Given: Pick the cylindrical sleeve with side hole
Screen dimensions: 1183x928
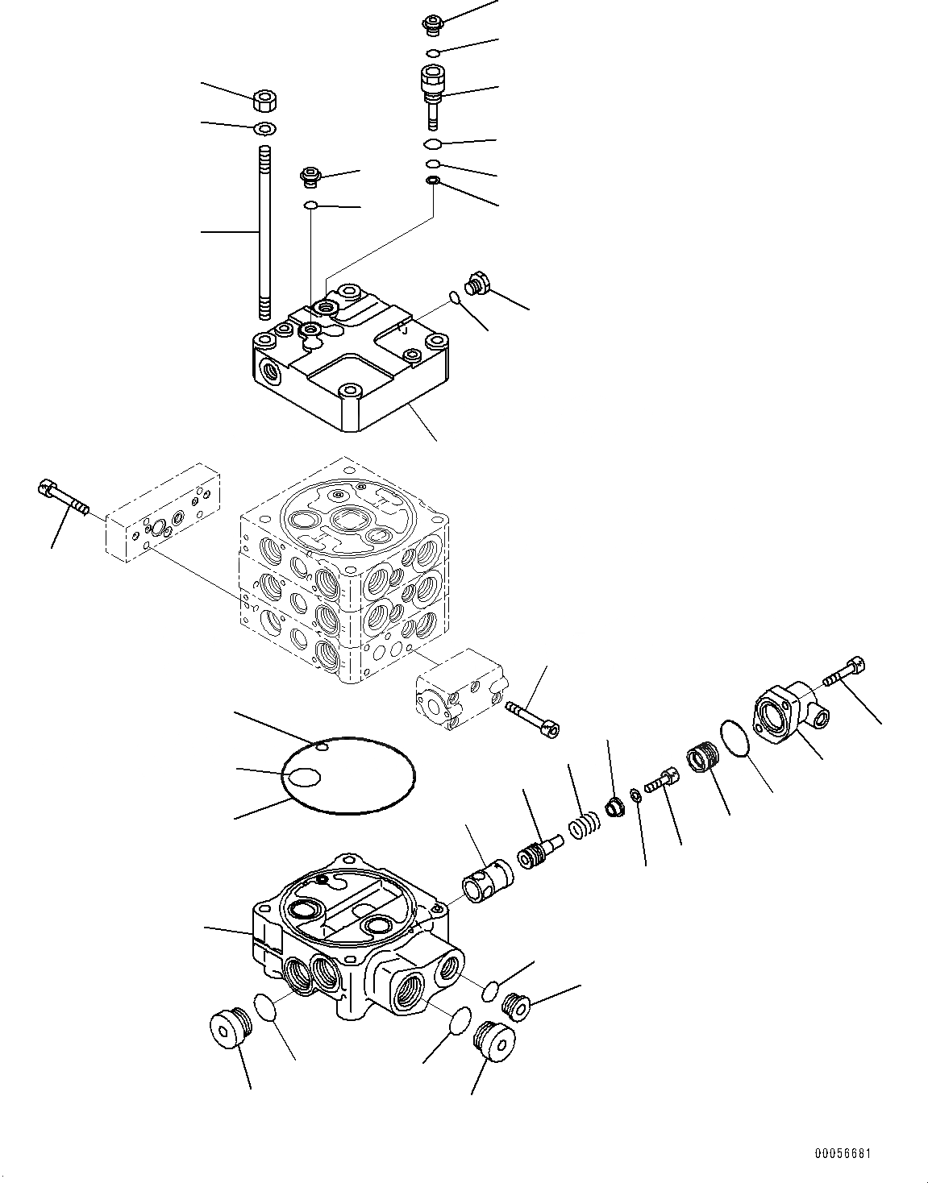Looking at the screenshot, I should click(x=486, y=878).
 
